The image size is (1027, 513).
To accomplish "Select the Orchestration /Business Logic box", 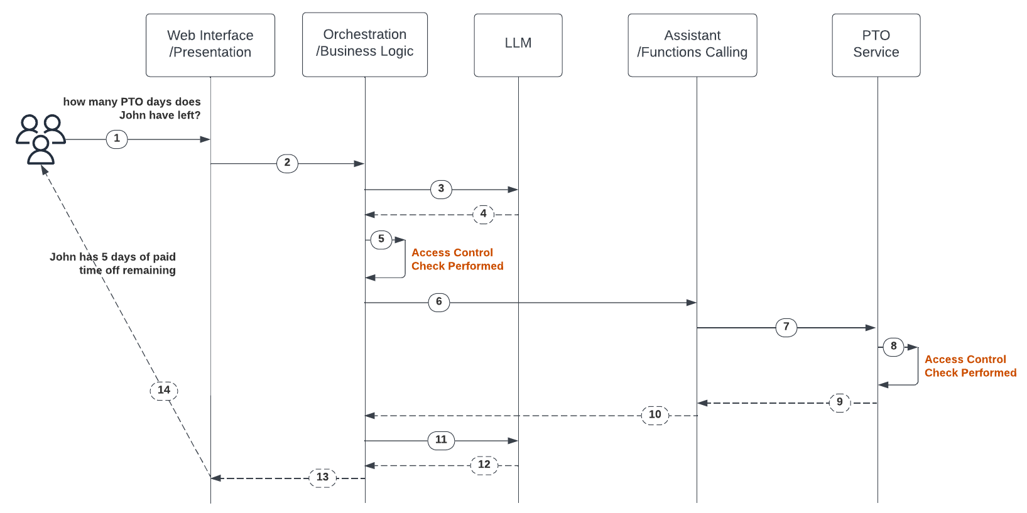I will (x=365, y=45).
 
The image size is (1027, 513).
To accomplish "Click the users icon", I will (x=41, y=139).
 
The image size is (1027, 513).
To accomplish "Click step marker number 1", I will (x=117, y=139).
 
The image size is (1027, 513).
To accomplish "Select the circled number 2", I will (x=287, y=163).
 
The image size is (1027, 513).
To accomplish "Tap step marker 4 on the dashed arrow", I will (x=483, y=214).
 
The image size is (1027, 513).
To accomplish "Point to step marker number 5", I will (x=381, y=239).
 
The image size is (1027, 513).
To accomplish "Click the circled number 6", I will (x=438, y=302).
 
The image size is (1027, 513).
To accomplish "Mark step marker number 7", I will (x=786, y=327).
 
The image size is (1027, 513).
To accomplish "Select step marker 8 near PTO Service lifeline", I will (x=893, y=347).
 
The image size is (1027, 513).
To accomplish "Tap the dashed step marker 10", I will (x=655, y=415).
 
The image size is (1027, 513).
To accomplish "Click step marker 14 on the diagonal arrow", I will (x=164, y=391).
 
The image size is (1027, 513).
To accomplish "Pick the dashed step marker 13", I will (x=322, y=478).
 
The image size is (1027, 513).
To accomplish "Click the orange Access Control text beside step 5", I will (x=457, y=259).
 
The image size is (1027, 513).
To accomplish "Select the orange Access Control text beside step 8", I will (x=970, y=366).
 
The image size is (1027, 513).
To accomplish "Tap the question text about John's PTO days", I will (x=133, y=109).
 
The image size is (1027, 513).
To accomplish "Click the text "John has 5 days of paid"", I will (x=113, y=257).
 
